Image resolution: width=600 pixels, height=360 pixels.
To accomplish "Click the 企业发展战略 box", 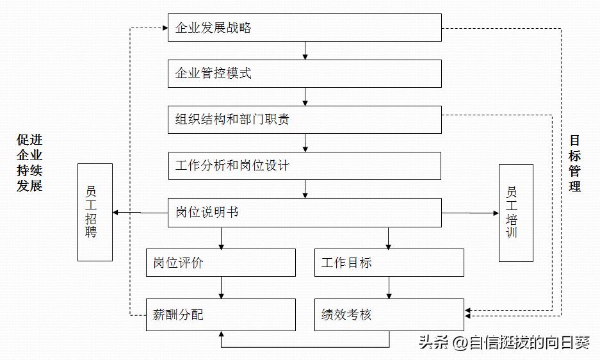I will [304, 28].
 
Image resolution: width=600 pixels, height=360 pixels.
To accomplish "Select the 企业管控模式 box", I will [304, 74].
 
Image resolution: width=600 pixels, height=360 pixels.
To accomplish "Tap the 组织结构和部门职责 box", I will [304, 120].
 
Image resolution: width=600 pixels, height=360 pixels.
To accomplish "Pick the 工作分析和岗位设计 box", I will [304, 166].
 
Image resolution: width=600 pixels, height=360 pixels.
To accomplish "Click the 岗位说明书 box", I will [304, 212].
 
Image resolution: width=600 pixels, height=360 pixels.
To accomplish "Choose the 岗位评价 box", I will [221, 263].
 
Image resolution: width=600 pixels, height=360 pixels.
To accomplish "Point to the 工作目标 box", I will [389, 263].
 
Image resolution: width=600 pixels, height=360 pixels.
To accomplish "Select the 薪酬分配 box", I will [221, 315].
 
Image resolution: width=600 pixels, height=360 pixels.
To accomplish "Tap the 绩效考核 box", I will [389, 315].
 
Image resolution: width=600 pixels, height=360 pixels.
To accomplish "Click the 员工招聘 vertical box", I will [95, 212].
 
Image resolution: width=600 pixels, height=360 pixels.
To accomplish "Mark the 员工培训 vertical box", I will [515, 213].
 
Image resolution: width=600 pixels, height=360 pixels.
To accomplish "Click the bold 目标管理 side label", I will [574, 163].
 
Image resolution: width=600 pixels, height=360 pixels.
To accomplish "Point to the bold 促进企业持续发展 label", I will [29, 163].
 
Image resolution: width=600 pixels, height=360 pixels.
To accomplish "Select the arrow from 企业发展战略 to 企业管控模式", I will [305, 51].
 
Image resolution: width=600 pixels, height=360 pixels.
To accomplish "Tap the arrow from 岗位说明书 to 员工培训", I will [470, 213].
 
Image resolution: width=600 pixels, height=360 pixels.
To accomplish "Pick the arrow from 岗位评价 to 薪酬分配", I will [222, 288].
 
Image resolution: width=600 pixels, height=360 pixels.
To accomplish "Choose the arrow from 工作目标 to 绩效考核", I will [389, 288].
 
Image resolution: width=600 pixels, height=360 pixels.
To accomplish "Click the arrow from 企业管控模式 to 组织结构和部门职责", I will [305, 97].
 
